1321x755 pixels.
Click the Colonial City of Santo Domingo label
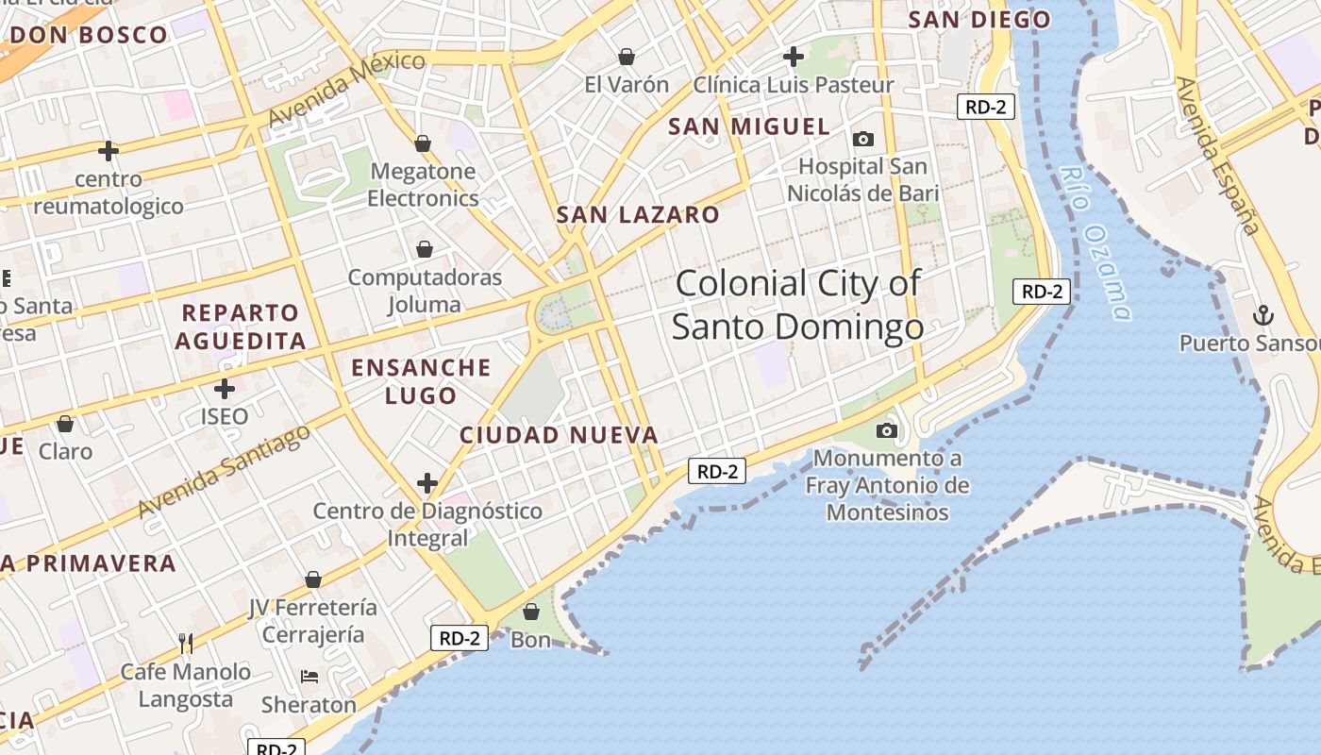click(797, 304)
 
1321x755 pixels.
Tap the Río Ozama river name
click(1095, 243)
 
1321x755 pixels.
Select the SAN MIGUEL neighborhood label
click(749, 126)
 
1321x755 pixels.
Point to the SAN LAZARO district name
click(638, 215)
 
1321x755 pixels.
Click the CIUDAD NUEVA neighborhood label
click(559, 435)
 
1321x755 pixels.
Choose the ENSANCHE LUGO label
click(421, 381)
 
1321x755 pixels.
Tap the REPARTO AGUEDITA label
click(241, 327)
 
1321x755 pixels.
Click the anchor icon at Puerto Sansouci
click(1262, 314)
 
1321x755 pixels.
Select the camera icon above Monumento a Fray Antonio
click(886, 431)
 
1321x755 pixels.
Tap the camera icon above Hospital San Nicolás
click(862, 140)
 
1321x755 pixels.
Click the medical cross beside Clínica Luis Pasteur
click(794, 57)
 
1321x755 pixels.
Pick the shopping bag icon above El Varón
click(626, 57)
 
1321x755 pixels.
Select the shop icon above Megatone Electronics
click(423, 143)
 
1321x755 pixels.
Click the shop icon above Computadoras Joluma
click(425, 249)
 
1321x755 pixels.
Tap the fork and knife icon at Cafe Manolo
click(186, 644)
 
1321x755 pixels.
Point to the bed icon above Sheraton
click(309, 677)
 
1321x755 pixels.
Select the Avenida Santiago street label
click(224, 471)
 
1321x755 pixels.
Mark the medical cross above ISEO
click(225, 388)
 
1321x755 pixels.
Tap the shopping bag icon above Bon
click(530, 612)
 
